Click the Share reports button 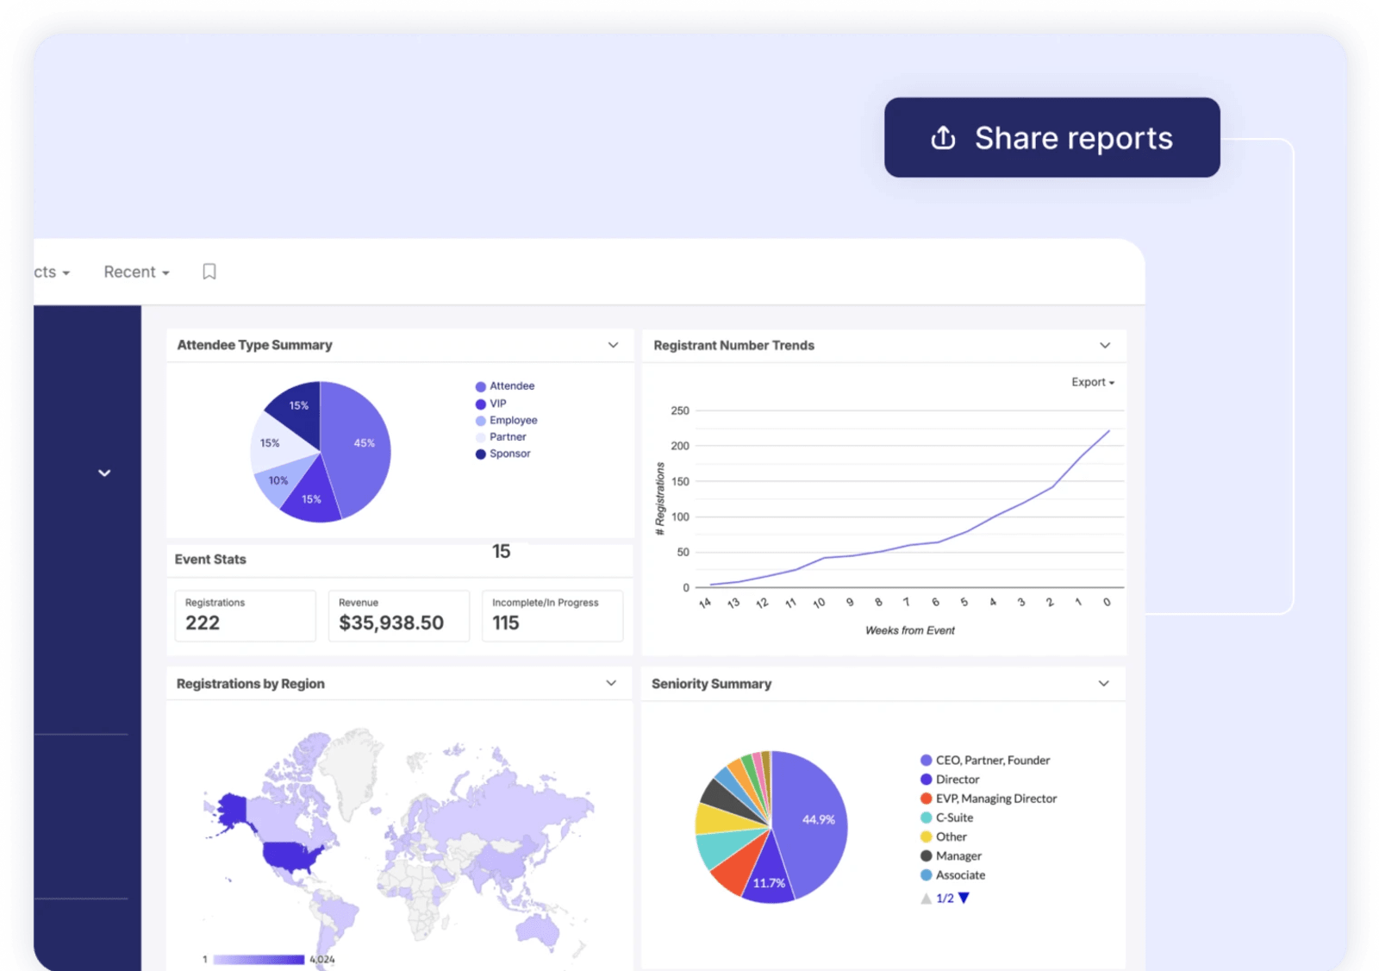(1051, 138)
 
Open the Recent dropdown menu (136, 273)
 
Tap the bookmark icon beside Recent (209, 273)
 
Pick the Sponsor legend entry (509, 454)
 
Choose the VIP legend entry (497, 404)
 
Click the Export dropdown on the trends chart (1092, 382)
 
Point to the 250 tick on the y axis (680, 410)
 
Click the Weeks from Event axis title (909, 630)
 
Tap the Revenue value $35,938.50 (391, 623)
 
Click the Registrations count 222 (203, 623)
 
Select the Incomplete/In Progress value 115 (506, 623)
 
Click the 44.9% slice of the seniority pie (814, 819)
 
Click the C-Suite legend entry (953, 818)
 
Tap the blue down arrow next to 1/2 (964, 898)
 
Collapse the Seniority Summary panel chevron (1103, 684)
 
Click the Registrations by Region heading (250, 684)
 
